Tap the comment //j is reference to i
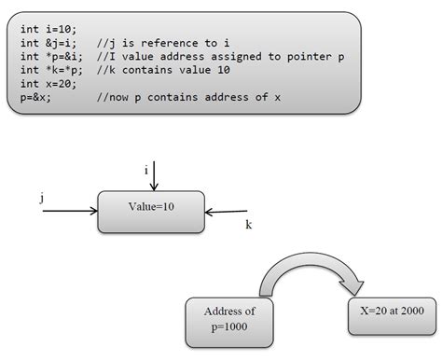point(167,44)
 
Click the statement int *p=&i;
point(49,57)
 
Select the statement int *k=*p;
point(49,70)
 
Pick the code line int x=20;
point(47,83)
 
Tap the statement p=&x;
point(36,96)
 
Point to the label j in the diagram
point(43,198)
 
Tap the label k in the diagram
point(248,225)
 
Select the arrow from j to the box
point(70,211)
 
